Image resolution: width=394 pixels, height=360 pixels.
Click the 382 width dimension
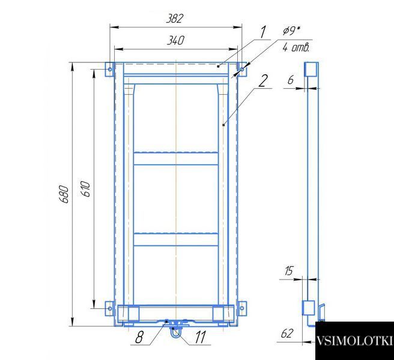pyautogui.click(x=175, y=19)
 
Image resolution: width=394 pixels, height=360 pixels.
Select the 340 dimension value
pyautogui.click(x=175, y=40)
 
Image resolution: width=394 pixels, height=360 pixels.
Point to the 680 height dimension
pyautogui.click(x=64, y=194)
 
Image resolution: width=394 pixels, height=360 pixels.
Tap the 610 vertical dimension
pyautogui.click(x=86, y=189)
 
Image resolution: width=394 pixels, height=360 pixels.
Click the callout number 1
pyautogui.click(x=262, y=32)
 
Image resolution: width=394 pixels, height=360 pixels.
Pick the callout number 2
pyautogui.click(x=263, y=81)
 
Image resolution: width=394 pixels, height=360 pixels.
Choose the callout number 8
pyautogui.click(x=139, y=337)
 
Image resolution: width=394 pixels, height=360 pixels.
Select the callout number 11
pyautogui.click(x=200, y=337)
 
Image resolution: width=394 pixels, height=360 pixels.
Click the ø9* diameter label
pyautogui.click(x=291, y=31)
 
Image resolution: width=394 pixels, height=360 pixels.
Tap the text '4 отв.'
pyautogui.click(x=295, y=47)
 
